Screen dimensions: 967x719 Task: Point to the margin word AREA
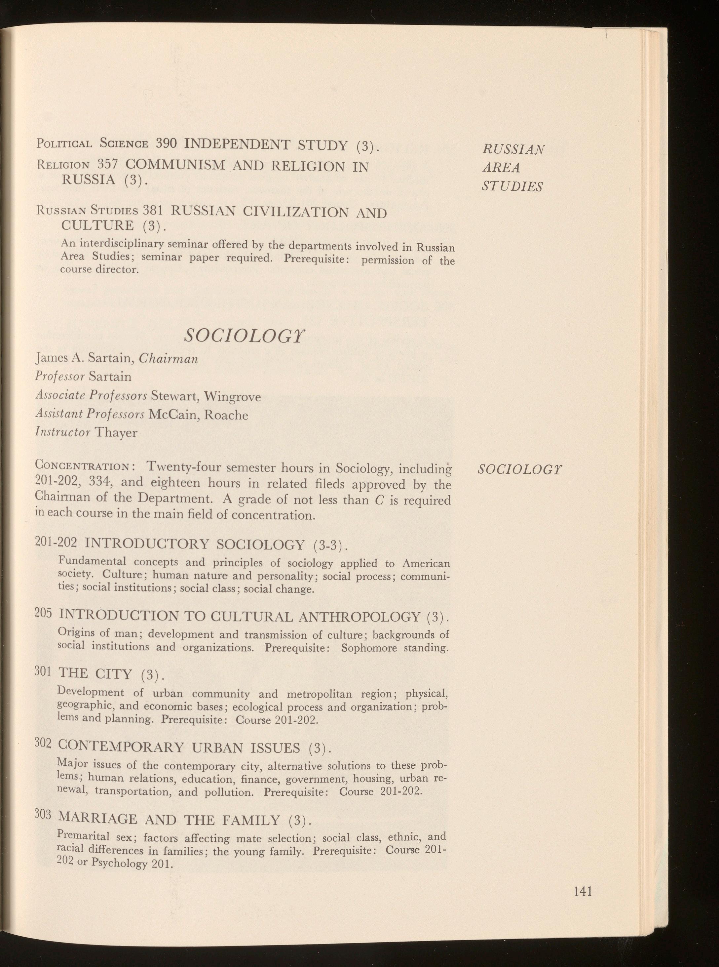coord(501,168)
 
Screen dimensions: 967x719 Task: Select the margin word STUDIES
coord(512,186)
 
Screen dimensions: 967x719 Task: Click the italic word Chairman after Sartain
coord(168,359)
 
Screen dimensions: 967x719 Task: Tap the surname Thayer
coord(116,433)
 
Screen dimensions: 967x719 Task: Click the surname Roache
coord(226,415)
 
